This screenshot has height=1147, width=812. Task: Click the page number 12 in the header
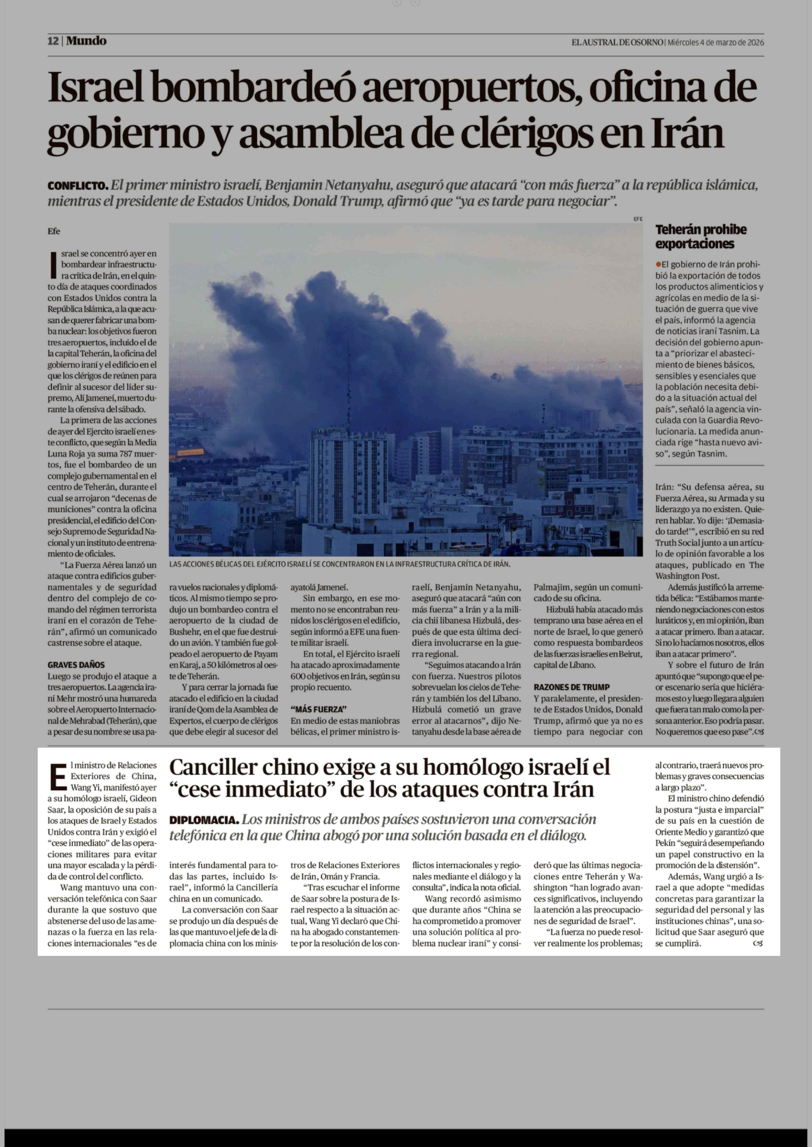pos(53,41)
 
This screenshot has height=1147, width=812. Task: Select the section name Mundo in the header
pos(86,41)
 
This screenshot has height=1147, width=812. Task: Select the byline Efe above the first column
pos(53,231)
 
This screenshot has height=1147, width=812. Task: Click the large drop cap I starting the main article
pos(53,265)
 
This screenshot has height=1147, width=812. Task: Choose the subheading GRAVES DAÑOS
pos(76,665)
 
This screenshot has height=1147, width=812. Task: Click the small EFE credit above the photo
pos(637,219)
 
